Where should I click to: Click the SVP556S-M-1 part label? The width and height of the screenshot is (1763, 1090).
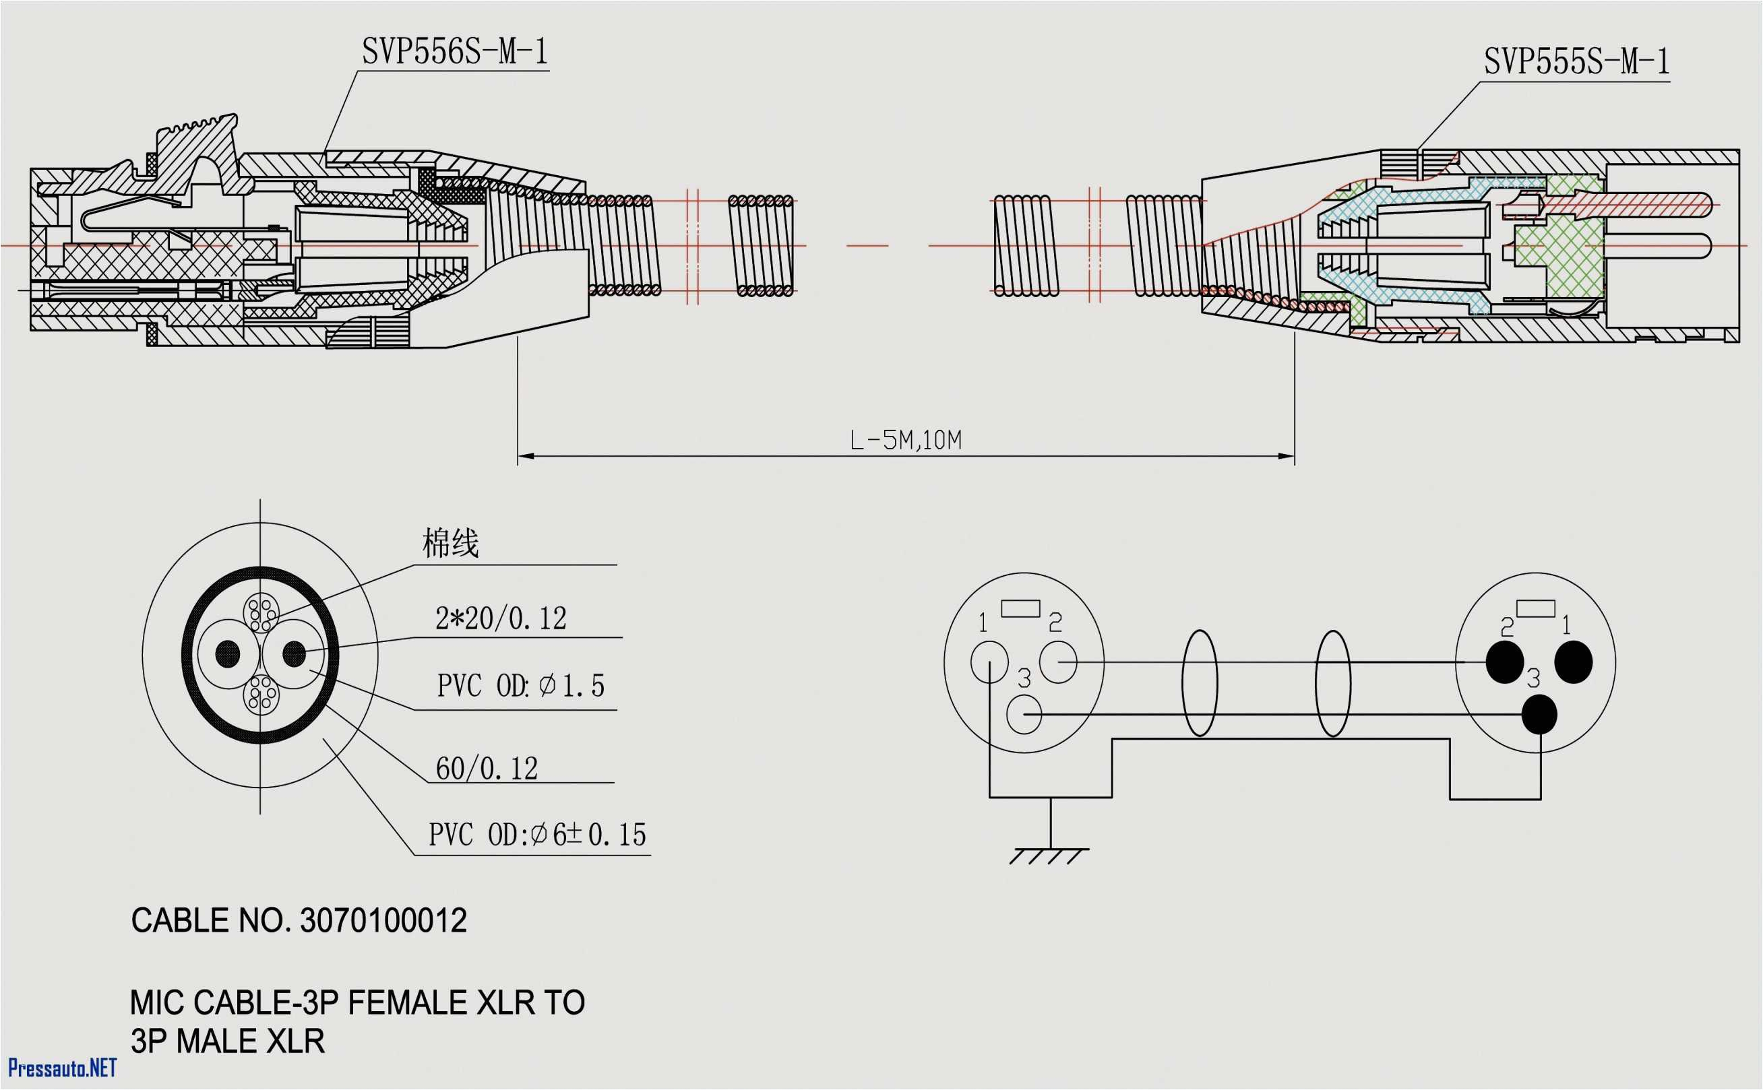click(454, 52)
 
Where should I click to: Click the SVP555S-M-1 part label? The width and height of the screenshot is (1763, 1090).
click(1576, 62)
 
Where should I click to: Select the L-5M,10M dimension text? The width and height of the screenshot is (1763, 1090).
click(906, 440)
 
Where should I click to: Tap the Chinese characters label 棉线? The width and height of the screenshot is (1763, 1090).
click(450, 543)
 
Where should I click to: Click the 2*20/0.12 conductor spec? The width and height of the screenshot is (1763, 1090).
click(501, 618)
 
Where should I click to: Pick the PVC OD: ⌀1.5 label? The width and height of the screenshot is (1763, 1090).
click(520, 686)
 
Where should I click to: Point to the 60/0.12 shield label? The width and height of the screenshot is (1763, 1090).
click(487, 769)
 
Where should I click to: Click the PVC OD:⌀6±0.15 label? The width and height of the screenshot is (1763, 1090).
click(537, 835)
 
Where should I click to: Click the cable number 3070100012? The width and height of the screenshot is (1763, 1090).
click(383, 922)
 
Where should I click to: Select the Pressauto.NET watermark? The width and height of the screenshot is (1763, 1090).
click(62, 1067)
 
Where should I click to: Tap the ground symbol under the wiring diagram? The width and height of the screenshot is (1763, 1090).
click(1049, 855)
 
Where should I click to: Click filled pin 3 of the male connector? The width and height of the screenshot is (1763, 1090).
click(1539, 714)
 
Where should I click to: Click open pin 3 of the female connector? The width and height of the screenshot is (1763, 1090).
click(1024, 714)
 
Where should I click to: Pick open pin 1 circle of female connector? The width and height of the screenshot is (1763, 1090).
click(989, 662)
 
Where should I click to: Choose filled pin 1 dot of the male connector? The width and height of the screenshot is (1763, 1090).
click(1574, 662)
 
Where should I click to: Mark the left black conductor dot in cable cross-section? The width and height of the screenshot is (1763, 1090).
click(228, 654)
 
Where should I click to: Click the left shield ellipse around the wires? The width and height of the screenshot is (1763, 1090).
click(1199, 682)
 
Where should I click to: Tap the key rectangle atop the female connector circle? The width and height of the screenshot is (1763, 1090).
click(1021, 608)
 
